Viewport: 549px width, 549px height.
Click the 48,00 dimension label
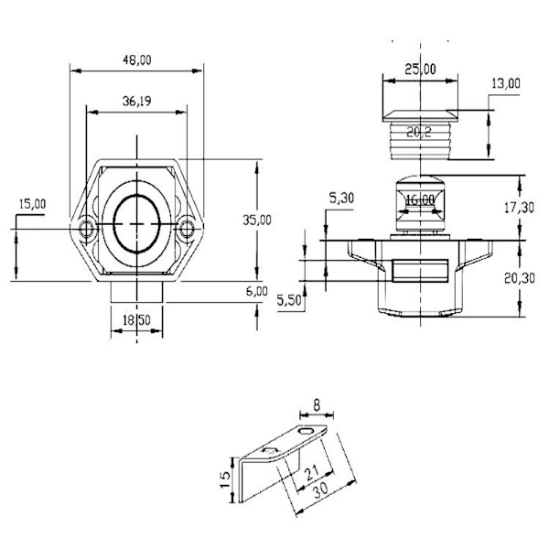[x=136, y=59]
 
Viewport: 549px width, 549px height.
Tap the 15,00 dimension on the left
[x=31, y=205]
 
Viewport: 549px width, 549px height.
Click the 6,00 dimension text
[x=256, y=291]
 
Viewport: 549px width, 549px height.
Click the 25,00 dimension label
[x=421, y=69]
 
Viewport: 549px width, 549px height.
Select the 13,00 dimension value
[x=505, y=83]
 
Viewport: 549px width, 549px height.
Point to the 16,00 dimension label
[x=420, y=199]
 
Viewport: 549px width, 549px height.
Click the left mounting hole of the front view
[x=88, y=227]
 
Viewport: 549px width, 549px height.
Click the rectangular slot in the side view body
[x=420, y=271]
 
